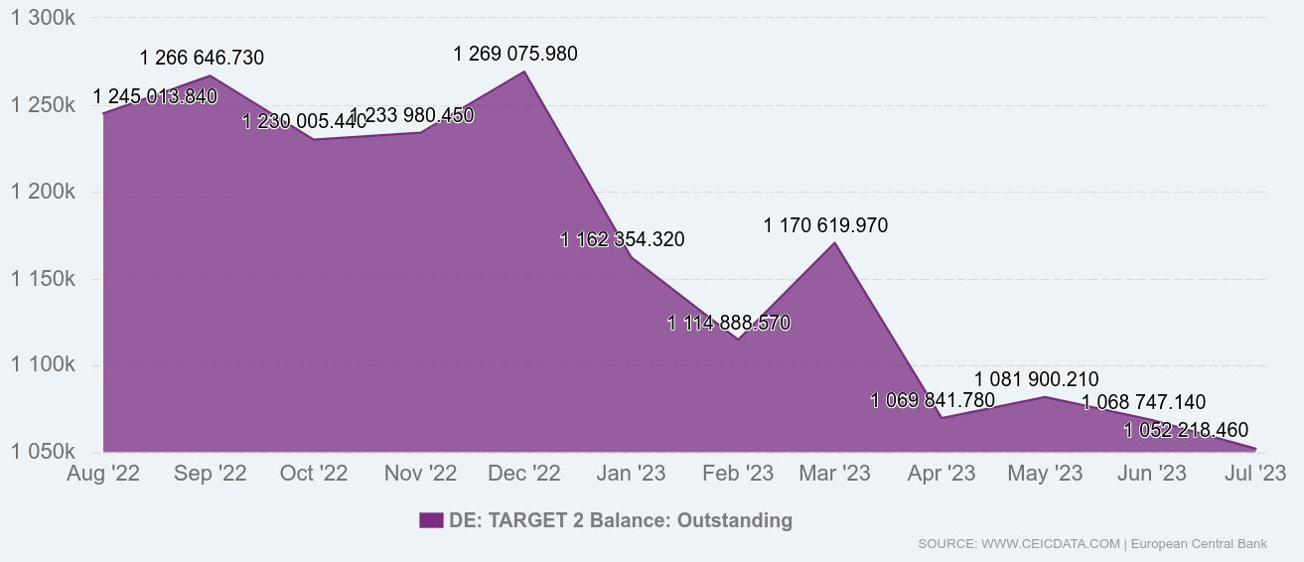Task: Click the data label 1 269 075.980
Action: (x=514, y=54)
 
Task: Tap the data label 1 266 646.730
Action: (x=202, y=58)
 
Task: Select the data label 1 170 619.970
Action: (x=825, y=226)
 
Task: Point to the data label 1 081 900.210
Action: (x=1036, y=379)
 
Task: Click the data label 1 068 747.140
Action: (x=1143, y=402)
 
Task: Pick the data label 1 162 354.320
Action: (x=622, y=239)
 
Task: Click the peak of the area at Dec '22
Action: (x=524, y=70)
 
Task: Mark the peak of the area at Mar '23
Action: (x=834, y=242)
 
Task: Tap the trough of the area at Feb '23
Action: (x=736, y=340)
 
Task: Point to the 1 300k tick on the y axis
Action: (x=43, y=19)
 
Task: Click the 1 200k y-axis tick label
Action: (x=43, y=193)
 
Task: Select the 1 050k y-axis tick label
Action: (x=43, y=453)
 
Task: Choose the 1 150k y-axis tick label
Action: (x=43, y=279)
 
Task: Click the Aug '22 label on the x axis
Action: (x=103, y=475)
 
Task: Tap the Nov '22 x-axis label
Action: (x=420, y=475)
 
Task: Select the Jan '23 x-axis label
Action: (x=630, y=475)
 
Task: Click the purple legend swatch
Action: (x=431, y=520)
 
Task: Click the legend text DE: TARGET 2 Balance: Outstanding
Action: (x=621, y=520)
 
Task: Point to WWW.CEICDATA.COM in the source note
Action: (x=1051, y=544)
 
